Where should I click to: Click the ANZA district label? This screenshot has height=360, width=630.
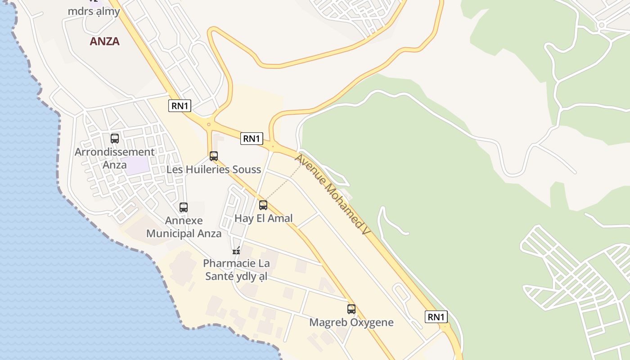pos(104,41)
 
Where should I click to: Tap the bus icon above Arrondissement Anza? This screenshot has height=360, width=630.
pos(115,139)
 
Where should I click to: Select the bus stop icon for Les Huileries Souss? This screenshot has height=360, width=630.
pos(214,156)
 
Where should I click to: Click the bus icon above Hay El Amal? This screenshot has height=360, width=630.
pos(263,205)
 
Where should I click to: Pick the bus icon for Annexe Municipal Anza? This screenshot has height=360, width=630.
pos(184,207)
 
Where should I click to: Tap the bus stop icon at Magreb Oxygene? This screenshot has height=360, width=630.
pos(351,309)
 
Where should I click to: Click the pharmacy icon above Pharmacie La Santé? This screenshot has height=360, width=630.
pos(236,251)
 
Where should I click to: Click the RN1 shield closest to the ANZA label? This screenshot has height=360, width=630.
pos(180,106)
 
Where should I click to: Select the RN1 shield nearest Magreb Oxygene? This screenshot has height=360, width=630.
pos(436,317)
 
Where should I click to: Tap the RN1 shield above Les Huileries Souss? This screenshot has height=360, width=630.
pos(252,139)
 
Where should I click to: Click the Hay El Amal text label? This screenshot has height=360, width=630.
pos(264,218)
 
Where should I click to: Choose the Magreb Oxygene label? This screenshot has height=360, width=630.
pos(351,322)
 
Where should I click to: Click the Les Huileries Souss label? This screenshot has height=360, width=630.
pos(214,170)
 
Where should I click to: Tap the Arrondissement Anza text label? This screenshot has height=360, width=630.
pos(115,158)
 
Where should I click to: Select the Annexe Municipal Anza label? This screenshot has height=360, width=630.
pos(184,227)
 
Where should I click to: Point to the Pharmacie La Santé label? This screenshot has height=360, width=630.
pos(236,270)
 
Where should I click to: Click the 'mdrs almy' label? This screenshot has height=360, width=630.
pos(94,11)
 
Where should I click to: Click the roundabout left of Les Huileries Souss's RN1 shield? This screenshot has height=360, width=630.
pos(208,124)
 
